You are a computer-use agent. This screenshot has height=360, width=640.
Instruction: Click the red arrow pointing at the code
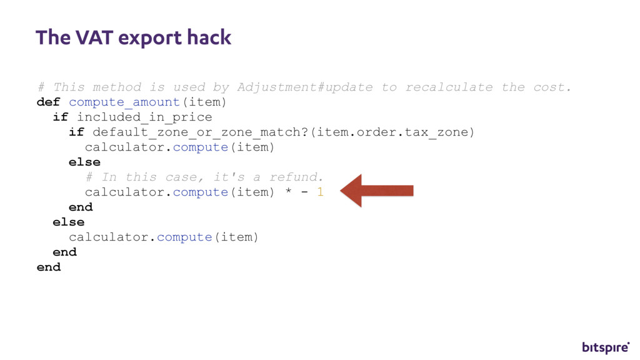tap(377, 191)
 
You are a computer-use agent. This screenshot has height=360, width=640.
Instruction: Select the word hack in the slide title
tap(209, 37)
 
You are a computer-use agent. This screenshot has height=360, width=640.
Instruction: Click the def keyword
tap(49, 102)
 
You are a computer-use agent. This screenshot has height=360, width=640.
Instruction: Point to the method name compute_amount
tap(124, 102)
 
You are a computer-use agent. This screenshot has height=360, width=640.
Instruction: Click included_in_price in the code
tap(144, 117)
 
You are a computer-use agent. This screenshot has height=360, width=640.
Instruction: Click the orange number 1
tap(320, 192)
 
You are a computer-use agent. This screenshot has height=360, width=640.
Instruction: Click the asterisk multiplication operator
tap(288, 192)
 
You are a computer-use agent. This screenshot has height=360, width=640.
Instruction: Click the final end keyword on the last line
tap(49, 267)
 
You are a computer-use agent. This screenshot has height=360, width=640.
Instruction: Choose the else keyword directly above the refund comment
tap(84, 162)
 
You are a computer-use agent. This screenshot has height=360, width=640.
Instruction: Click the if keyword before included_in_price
tap(61, 117)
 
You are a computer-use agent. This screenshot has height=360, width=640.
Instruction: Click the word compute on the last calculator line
tap(184, 237)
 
